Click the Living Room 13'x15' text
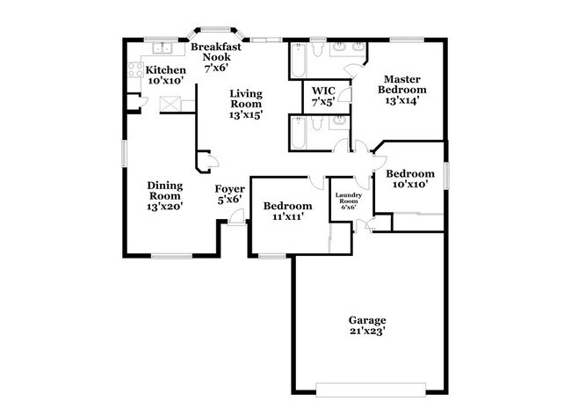tap(247, 104)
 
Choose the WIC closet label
tap(324, 94)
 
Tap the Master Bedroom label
tap(402, 89)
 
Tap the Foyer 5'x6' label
tap(228, 193)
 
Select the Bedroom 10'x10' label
tap(410, 179)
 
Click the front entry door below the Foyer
tap(235, 223)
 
